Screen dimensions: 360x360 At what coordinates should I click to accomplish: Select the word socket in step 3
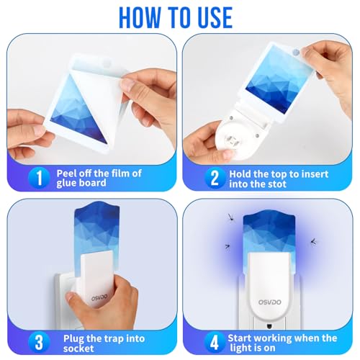pyautogui.click(x=75, y=349)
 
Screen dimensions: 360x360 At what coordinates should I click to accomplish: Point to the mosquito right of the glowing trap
pyautogui.click(x=315, y=243)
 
